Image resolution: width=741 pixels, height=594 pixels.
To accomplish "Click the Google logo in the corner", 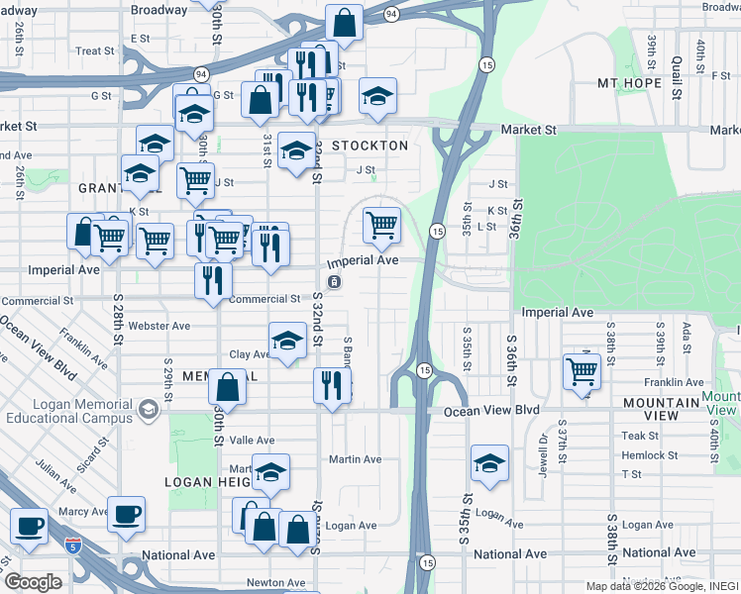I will (x=33, y=582).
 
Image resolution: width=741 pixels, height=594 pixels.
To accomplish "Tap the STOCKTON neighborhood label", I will (x=370, y=146).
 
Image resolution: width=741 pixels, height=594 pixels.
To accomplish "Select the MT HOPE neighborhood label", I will (x=629, y=83).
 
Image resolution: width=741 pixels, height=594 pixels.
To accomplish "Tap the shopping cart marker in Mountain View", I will (x=582, y=372).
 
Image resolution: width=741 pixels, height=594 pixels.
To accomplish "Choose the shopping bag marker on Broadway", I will (x=344, y=21).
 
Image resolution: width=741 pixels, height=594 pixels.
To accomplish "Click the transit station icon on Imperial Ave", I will (x=335, y=282).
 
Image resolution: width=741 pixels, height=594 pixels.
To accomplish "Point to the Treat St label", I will (x=95, y=50).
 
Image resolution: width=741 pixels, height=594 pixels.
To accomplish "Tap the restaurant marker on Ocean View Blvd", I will (x=331, y=385).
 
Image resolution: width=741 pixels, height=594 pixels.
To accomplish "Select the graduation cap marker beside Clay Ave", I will (x=286, y=342).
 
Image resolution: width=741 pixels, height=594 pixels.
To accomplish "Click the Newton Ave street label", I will (x=275, y=583).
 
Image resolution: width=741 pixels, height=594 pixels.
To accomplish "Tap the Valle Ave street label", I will (x=252, y=441).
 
